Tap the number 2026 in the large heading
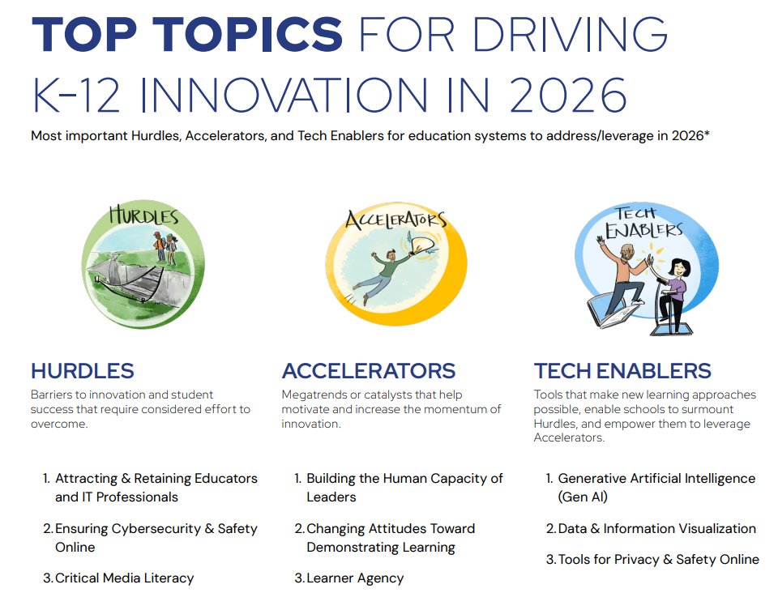click(567, 95)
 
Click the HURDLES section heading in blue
click(83, 371)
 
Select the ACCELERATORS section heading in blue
click(369, 371)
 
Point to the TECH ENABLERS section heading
click(622, 371)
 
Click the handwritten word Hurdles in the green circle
click(144, 215)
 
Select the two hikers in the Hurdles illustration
click(165, 247)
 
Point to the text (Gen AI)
click(583, 497)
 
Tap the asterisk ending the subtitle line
click(707, 133)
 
